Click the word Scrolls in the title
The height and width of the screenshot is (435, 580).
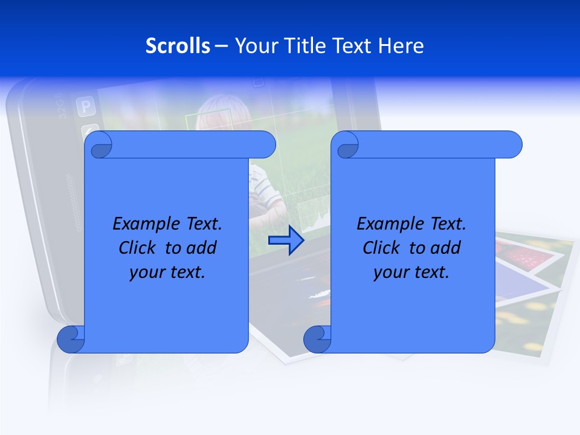coord(178,46)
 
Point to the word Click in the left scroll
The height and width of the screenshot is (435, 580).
coord(137,248)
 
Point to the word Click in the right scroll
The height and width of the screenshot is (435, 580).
coord(381,248)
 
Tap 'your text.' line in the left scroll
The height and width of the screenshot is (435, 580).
coord(167,272)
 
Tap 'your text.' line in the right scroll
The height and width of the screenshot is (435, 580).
coord(411,272)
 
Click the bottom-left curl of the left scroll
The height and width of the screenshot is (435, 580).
coord(71,340)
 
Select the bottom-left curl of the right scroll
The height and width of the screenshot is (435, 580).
coord(317,340)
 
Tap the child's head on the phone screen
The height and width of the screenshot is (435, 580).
coord(214,115)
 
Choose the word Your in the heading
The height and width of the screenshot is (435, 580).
coord(252,46)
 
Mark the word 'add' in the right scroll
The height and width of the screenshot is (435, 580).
coord(446,248)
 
